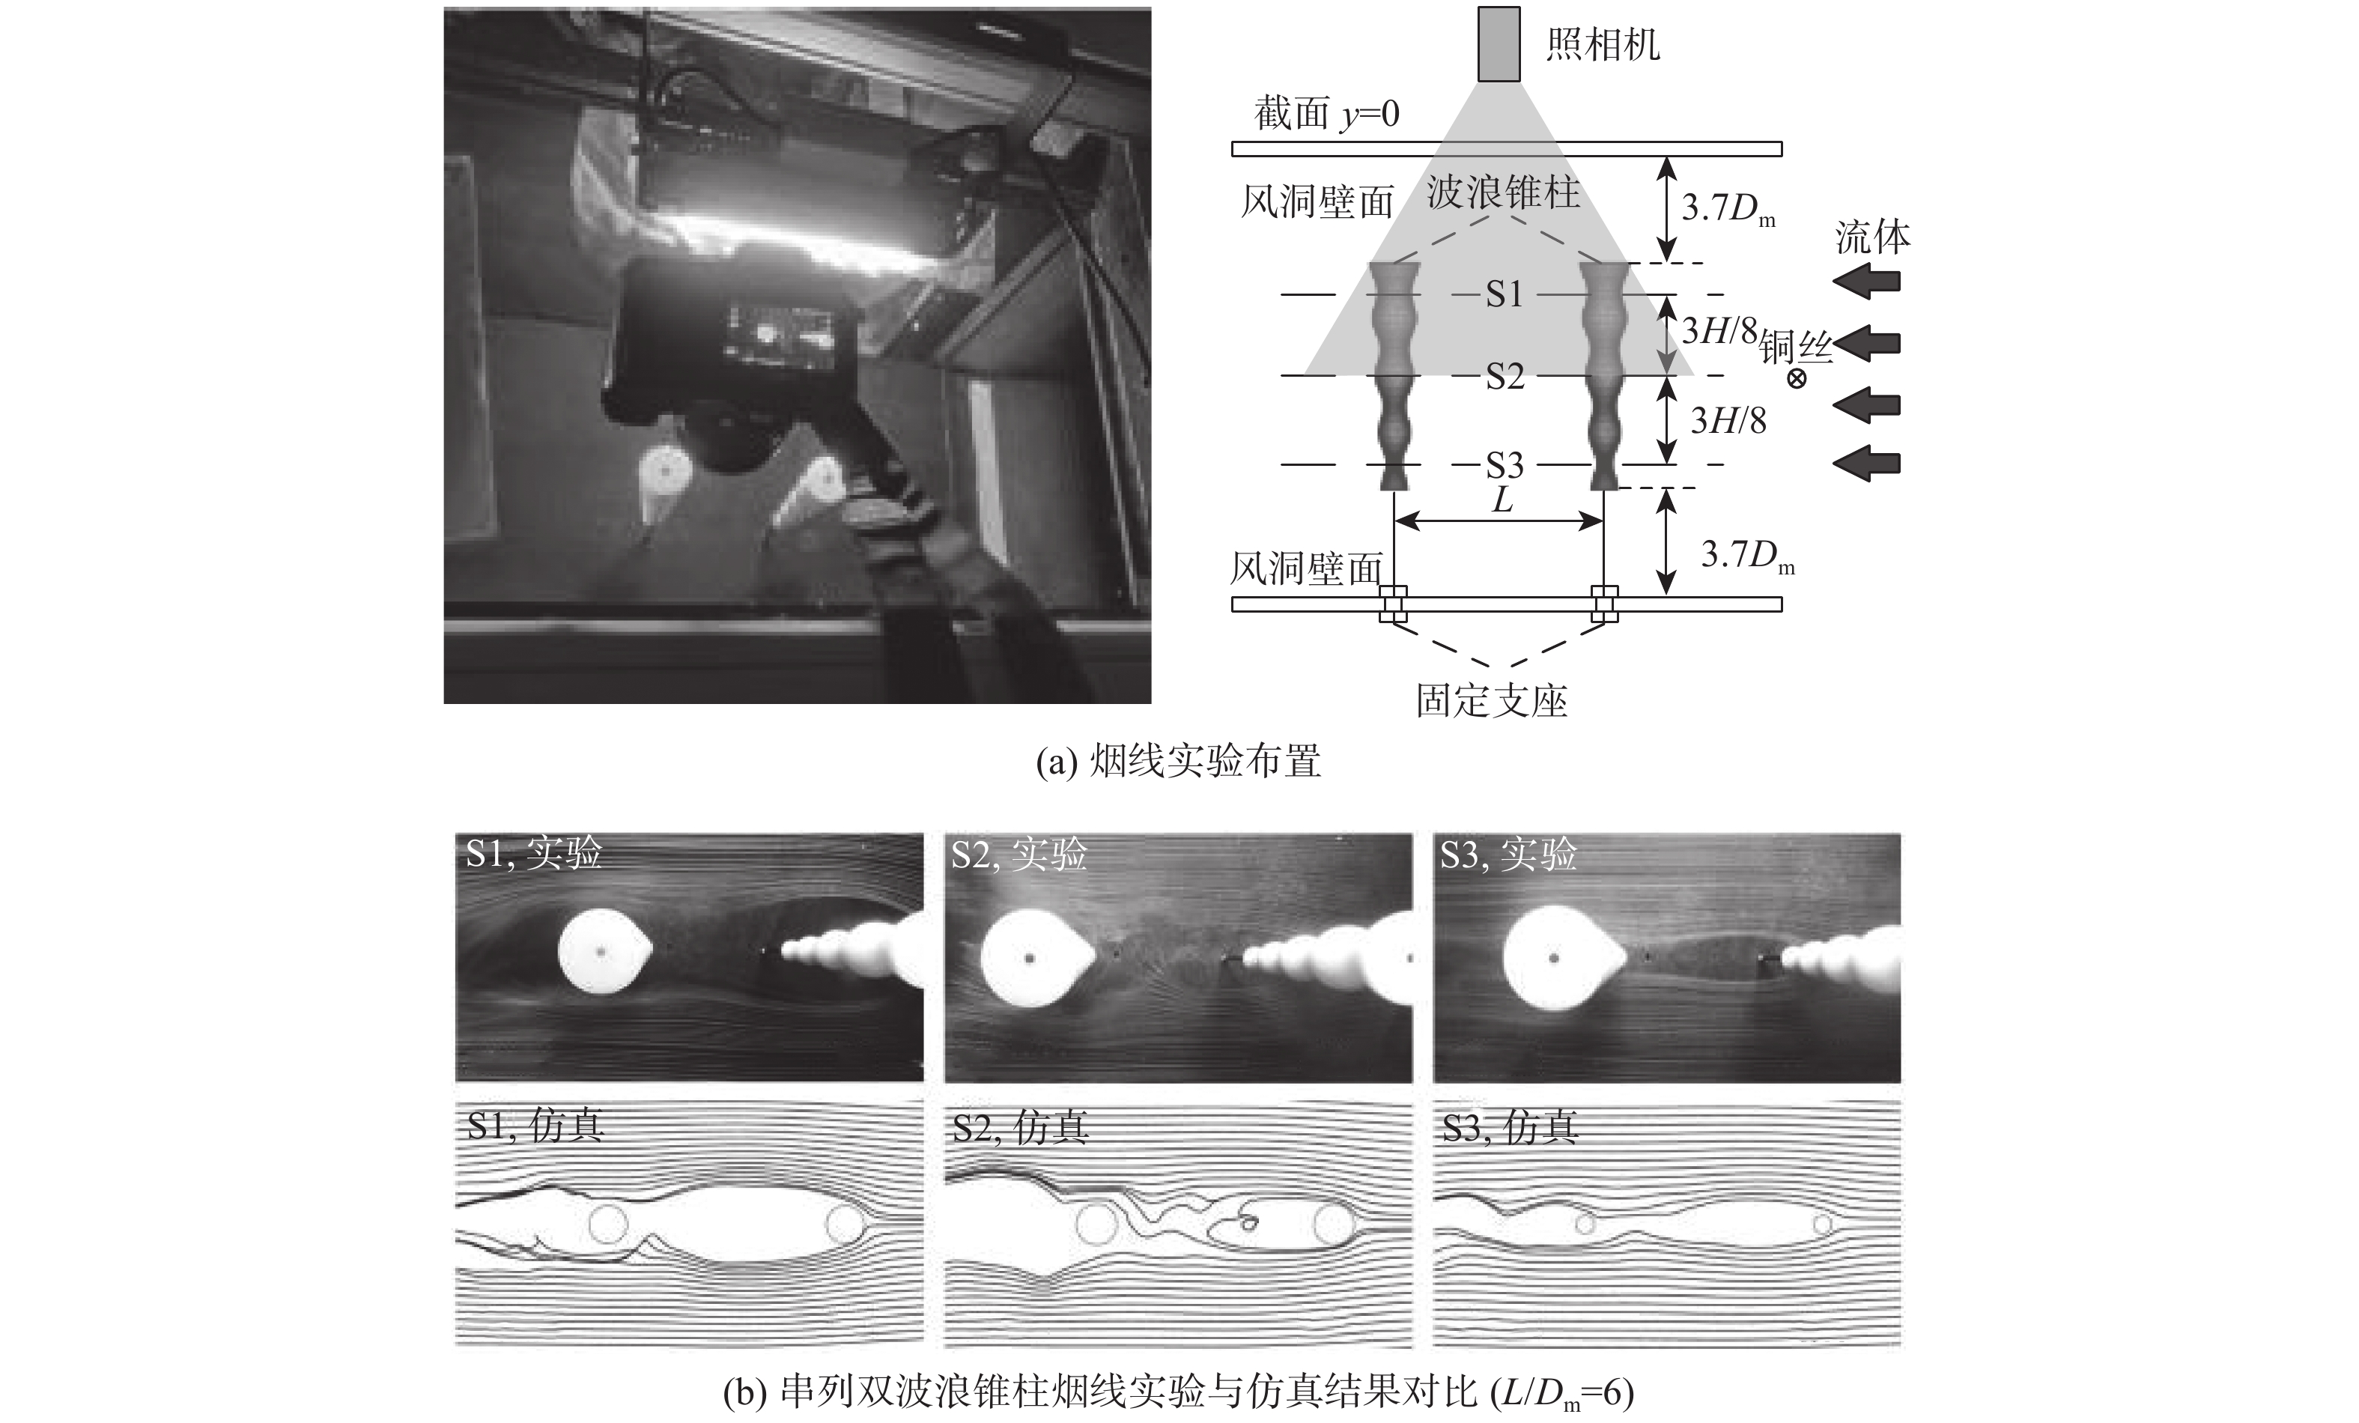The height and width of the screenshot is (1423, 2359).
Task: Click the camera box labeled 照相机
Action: (x=1499, y=44)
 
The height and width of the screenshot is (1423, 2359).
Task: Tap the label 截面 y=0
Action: (x=1327, y=115)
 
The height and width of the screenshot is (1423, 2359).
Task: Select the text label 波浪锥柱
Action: (x=1503, y=193)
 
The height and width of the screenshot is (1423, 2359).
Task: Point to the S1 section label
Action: (x=1504, y=294)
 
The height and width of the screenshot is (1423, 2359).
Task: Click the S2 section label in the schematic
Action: (x=1504, y=376)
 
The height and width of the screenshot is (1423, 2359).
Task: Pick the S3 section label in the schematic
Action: (x=1504, y=465)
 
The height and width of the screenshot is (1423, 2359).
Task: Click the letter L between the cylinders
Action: (x=1503, y=500)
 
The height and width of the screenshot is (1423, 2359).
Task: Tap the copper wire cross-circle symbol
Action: (x=1797, y=378)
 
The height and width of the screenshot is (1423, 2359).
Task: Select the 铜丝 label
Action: (x=1796, y=348)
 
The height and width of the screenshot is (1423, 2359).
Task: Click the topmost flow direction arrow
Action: (x=1867, y=282)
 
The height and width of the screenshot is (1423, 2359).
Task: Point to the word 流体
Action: (x=1871, y=237)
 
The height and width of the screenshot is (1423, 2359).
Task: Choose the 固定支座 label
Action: (x=1492, y=701)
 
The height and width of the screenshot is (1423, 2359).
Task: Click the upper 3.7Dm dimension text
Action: (x=1728, y=210)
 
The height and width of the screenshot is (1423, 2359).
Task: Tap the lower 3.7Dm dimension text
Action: (x=1747, y=556)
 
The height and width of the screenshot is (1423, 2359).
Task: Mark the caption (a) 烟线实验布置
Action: (x=1179, y=762)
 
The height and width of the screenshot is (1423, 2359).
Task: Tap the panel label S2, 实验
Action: (x=1018, y=853)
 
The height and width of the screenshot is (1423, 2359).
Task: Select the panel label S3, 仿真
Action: (x=1510, y=1129)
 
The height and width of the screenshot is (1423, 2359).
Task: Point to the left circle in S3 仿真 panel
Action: (x=1585, y=1223)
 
